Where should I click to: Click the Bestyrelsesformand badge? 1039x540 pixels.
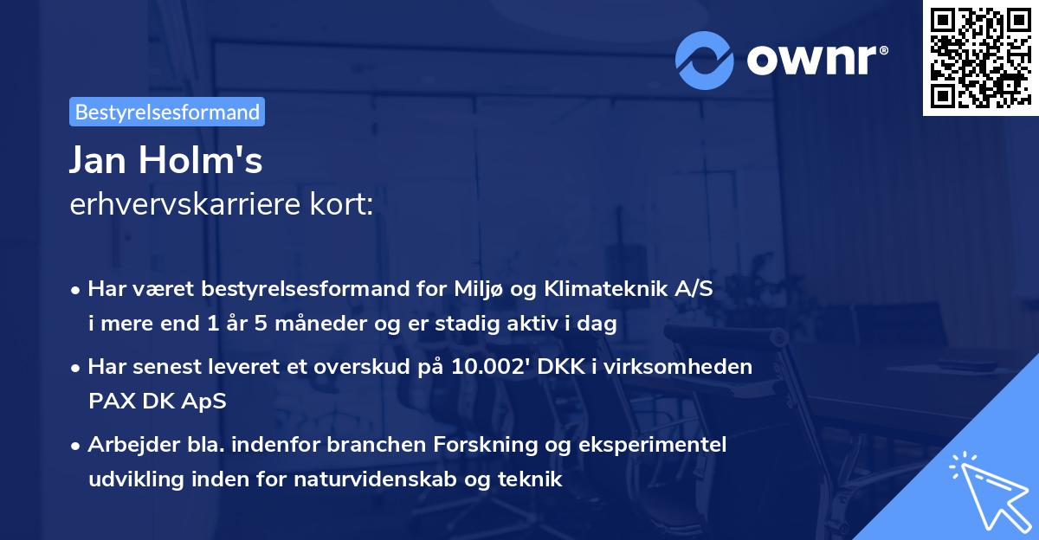coord(167,112)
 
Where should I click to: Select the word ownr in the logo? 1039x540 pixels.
coord(816,60)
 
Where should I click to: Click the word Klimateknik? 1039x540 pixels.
coord(593,290)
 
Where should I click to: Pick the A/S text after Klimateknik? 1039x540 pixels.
coord(694,290)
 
